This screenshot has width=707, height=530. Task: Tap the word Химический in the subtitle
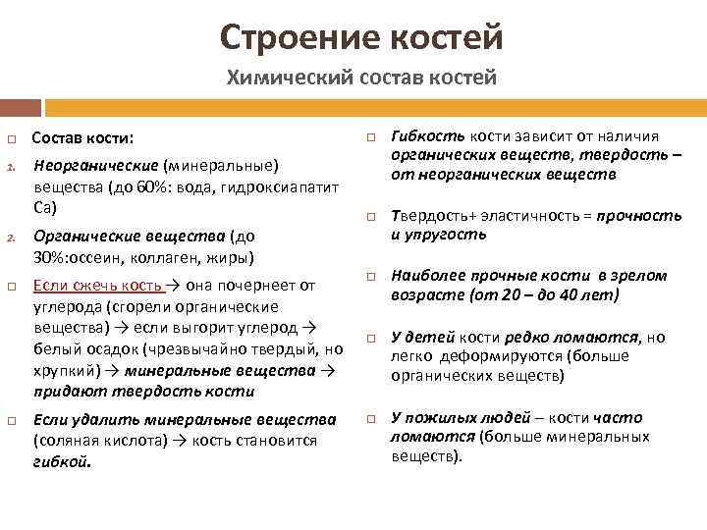tap(278, 78)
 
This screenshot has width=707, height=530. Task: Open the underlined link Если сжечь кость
tap(97, 286)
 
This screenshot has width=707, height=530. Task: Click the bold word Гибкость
tap(427, 136)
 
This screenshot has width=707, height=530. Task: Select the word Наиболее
tap(428, 276)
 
